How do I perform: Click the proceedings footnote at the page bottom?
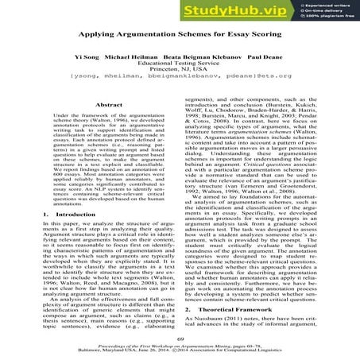point(180,350)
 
